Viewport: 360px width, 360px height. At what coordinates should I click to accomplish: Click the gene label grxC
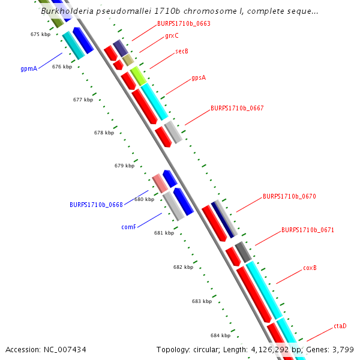tap(172, 36)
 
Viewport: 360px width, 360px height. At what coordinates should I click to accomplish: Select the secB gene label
tap(182, 52)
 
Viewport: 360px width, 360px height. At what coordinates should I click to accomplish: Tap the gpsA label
tap(199, 78)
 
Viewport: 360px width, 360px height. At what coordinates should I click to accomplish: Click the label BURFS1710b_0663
tap(184, 24)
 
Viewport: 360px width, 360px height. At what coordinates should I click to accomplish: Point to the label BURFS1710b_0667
tap(237, 109)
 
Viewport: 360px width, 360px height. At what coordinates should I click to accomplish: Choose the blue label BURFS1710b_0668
tap(96, 205)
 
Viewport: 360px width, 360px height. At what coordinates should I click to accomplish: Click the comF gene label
tap(129, 227)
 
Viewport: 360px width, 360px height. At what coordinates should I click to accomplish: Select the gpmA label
tap(29, 69)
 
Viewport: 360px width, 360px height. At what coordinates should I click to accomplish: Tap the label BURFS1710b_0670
tap(289, 196)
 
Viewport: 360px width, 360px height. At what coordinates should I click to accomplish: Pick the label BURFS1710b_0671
tap(308, 230)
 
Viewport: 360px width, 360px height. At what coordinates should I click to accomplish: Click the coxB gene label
tap(310, 268)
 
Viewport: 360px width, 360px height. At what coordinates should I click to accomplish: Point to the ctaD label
tap(340, 326)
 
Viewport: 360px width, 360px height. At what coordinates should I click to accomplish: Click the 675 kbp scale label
tap(40, 35)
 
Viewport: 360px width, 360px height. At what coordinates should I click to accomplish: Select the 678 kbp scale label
tap(104, 133)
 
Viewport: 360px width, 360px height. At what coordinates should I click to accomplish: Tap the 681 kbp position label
tap(164, 233)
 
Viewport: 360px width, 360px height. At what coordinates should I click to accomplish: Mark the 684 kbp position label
tap(220, 335)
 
